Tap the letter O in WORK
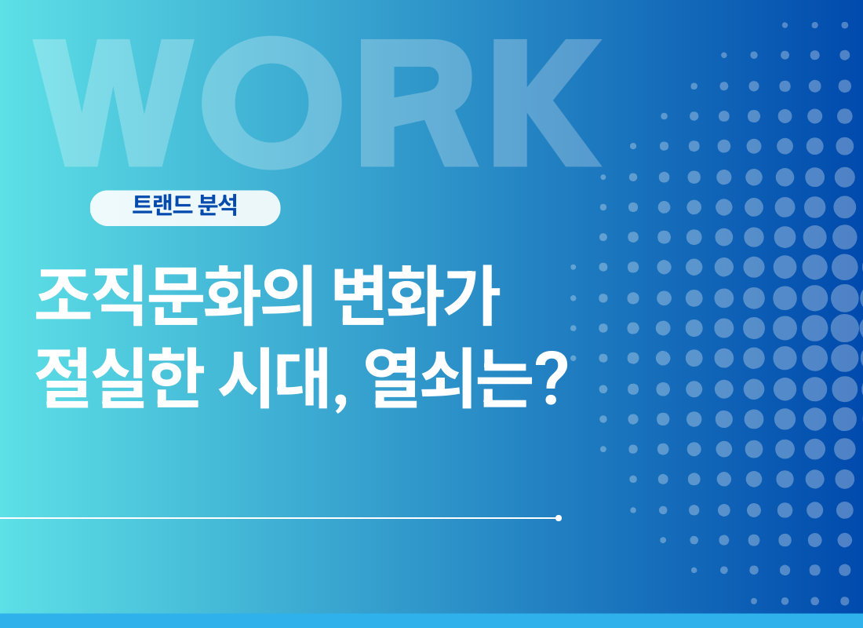[x=271, y=103]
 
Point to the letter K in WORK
[x=548, y=103]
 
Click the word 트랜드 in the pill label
[x=162, y=205]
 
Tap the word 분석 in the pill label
[x=218, y=205]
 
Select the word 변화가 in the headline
[x=417, y=296]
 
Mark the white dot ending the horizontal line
[x=559, y=518]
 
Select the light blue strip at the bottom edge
[x=431, y=621]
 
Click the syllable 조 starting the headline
[x=63, y=296]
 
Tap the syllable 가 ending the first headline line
[x=473, y=296]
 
